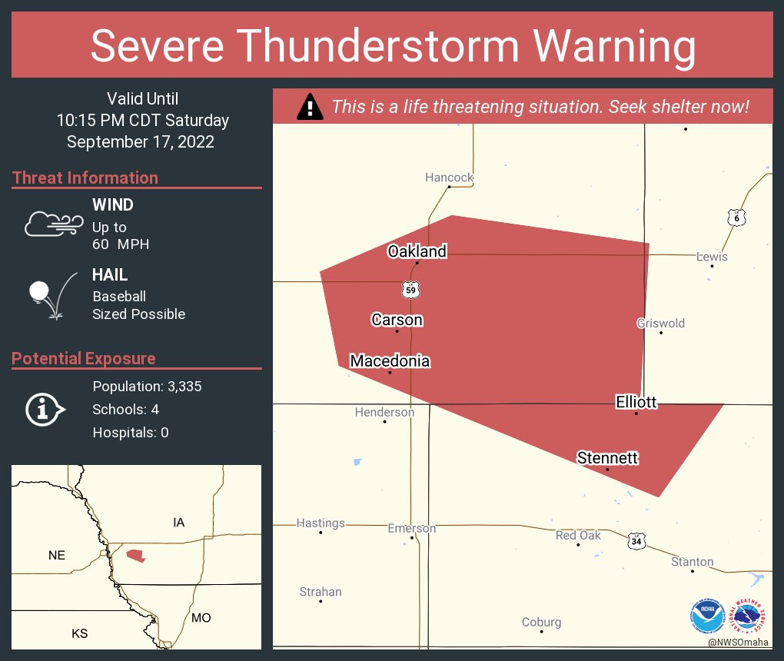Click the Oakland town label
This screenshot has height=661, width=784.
(417, 251)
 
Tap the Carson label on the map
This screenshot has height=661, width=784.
(397, 319)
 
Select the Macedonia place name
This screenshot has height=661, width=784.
(390, 360)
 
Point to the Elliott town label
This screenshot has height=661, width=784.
(636, 401)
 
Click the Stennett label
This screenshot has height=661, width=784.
(607, 458)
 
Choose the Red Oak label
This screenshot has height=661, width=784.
(578, 535)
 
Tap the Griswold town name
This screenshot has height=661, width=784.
(660, 323)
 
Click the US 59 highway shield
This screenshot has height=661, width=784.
(411, 289)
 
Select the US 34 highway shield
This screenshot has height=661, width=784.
(635, 541)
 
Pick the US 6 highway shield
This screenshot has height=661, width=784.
(736, 218)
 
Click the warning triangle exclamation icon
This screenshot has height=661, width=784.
(310, 107)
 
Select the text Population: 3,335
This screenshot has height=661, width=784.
(147, 387)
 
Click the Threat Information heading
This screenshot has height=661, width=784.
(85, 178)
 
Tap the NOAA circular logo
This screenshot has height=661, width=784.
(707, 616)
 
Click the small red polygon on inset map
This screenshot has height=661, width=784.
(136, 555)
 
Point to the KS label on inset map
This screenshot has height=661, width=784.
(79, 633)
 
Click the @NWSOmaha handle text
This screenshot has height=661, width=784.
(739, 642)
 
